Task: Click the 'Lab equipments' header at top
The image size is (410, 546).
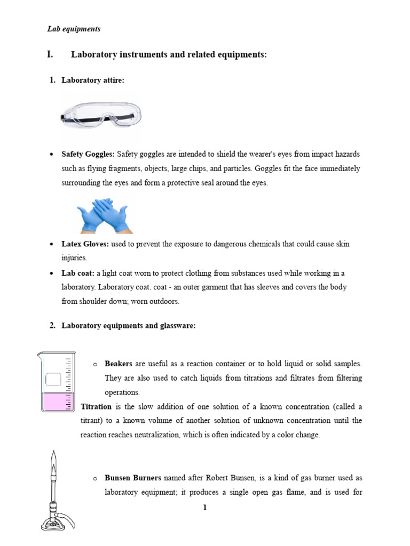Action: (74, 29)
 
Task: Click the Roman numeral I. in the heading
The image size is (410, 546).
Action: (51, 55)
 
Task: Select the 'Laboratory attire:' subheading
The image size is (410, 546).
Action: (93, 81)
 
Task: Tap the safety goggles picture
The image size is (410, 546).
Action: (101, 116)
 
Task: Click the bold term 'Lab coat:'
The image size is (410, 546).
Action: (78, 273)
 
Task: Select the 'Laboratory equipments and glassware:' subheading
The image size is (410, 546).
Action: (128, 326)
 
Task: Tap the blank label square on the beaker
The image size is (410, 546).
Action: (53, 380)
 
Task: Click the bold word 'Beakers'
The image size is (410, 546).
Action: (119, 364)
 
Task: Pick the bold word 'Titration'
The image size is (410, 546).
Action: (96, 406)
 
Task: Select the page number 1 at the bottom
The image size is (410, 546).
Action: (204, 508)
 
